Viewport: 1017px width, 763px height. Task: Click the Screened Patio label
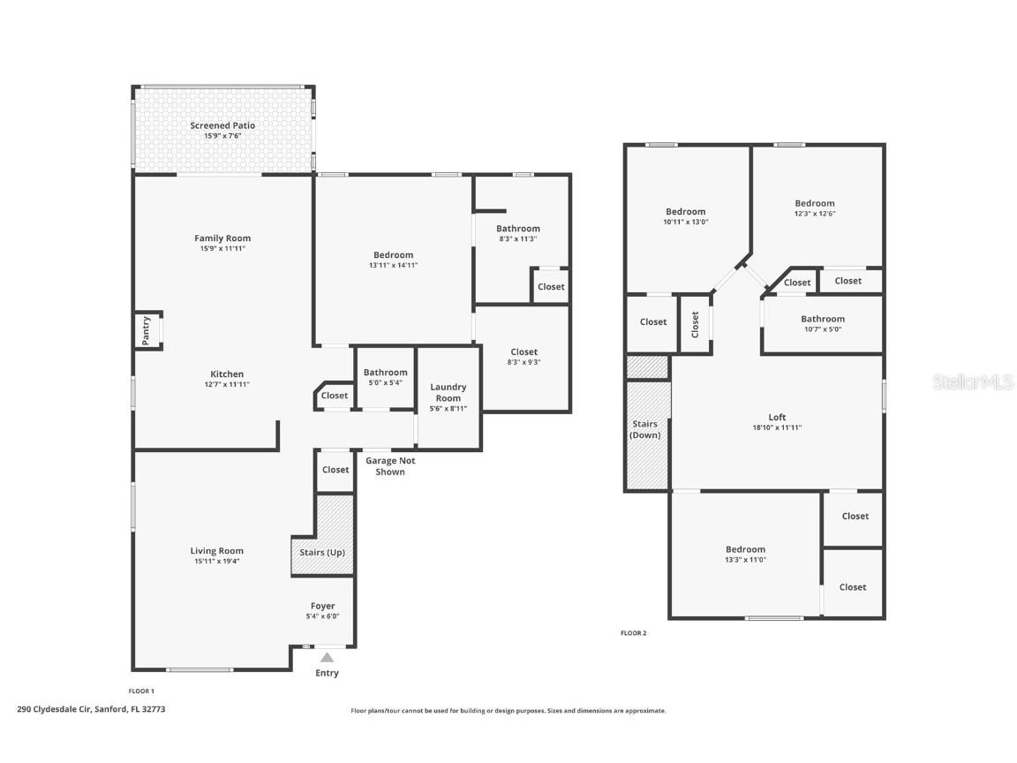[x=222, y=125]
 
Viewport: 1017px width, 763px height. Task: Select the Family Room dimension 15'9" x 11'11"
[x=222, y=249]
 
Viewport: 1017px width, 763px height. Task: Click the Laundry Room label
[x=448, y=392]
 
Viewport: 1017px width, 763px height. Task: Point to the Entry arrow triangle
[x=327, y=657]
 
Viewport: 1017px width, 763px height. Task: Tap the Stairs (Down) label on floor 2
[x=644, y=429]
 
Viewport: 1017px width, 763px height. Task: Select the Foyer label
[x=322, y=606]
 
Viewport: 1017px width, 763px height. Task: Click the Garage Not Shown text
[x=390, y=466]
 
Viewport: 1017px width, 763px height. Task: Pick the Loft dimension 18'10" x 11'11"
[x=777, y=427]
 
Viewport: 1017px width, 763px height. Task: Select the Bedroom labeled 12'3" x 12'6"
[x=814, y=203]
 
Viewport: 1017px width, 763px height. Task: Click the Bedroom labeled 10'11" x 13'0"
[x=685, y=212]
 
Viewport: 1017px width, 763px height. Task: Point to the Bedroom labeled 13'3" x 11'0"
[x=745, y=549]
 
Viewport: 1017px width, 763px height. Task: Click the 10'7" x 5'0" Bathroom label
[x=822, y=319]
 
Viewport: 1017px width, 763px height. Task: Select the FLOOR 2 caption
[x=633, y=633]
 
